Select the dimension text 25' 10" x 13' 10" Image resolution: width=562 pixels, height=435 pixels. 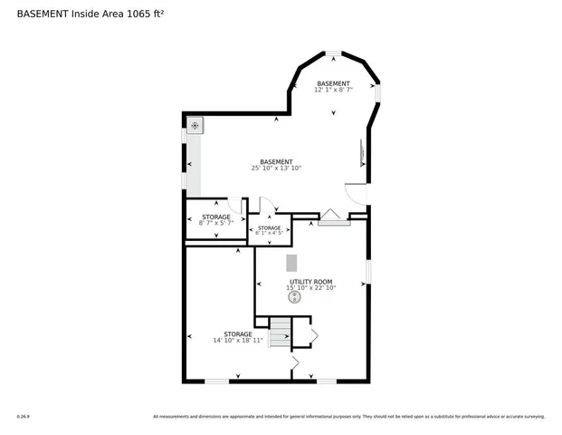point(276,168)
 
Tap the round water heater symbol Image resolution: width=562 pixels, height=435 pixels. point(294,296)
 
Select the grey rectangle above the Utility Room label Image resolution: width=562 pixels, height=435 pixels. point(291,263)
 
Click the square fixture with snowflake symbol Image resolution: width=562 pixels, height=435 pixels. point(195,126)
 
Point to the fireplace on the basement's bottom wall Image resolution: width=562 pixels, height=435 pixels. point(332,218)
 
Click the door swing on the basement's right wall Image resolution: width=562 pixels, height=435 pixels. point(356,192)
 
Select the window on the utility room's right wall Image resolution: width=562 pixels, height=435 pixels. point(367,270)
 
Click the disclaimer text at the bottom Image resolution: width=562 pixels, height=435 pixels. point(348,417)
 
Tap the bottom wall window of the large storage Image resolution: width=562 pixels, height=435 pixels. point(216,381)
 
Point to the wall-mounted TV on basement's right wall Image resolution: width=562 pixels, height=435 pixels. point(365,150)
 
